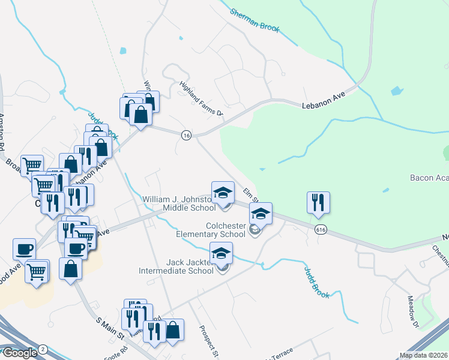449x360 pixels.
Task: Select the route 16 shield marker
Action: tap(186, 136)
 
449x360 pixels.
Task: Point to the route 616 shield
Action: tap(320, 229)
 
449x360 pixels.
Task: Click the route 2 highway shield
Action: tap(43, 349)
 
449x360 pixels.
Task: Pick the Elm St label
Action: tap(250, 195)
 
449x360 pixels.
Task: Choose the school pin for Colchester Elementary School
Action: tap(261, 214)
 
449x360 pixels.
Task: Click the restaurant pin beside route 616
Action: tap(318, 203)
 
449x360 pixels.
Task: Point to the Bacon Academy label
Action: tap(429, 178)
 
